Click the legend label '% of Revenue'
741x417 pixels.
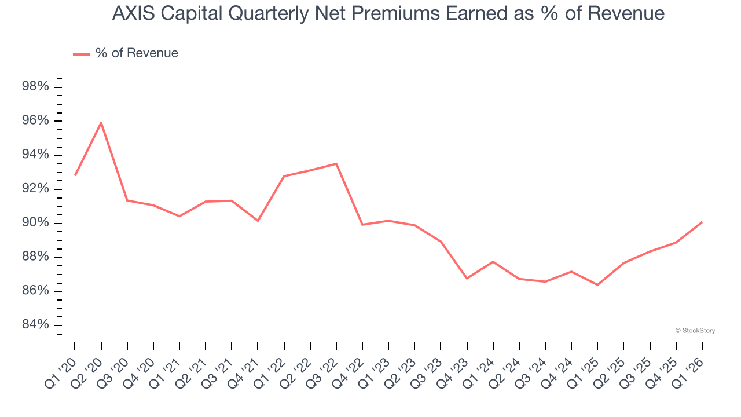137,53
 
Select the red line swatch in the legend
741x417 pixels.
81,54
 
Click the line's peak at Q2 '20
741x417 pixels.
101,122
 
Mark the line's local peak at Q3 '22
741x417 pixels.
336,164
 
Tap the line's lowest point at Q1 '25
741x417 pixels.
597,285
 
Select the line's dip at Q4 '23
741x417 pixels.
467,279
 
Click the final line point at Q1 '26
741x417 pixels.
702,222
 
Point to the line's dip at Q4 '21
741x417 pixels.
258,221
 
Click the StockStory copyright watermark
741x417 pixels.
695,331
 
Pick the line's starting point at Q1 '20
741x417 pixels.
75,175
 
